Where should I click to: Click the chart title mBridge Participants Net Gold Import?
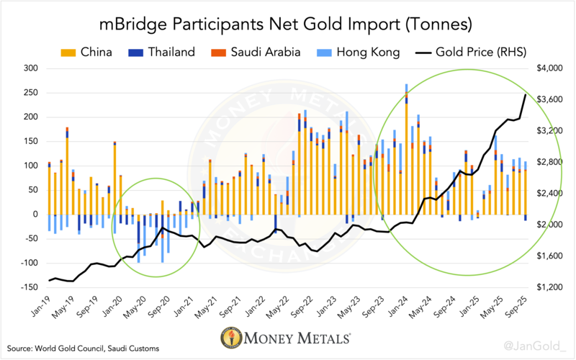tap(287, 24)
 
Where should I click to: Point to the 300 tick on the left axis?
tap(32, 68)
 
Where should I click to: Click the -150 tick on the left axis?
tap(30, 287)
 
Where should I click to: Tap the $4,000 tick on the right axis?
tap(549, 68)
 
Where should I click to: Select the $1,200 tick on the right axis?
tap(549, 287)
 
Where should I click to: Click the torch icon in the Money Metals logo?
tap(232, 338)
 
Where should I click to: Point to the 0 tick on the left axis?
tap(37, 214)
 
